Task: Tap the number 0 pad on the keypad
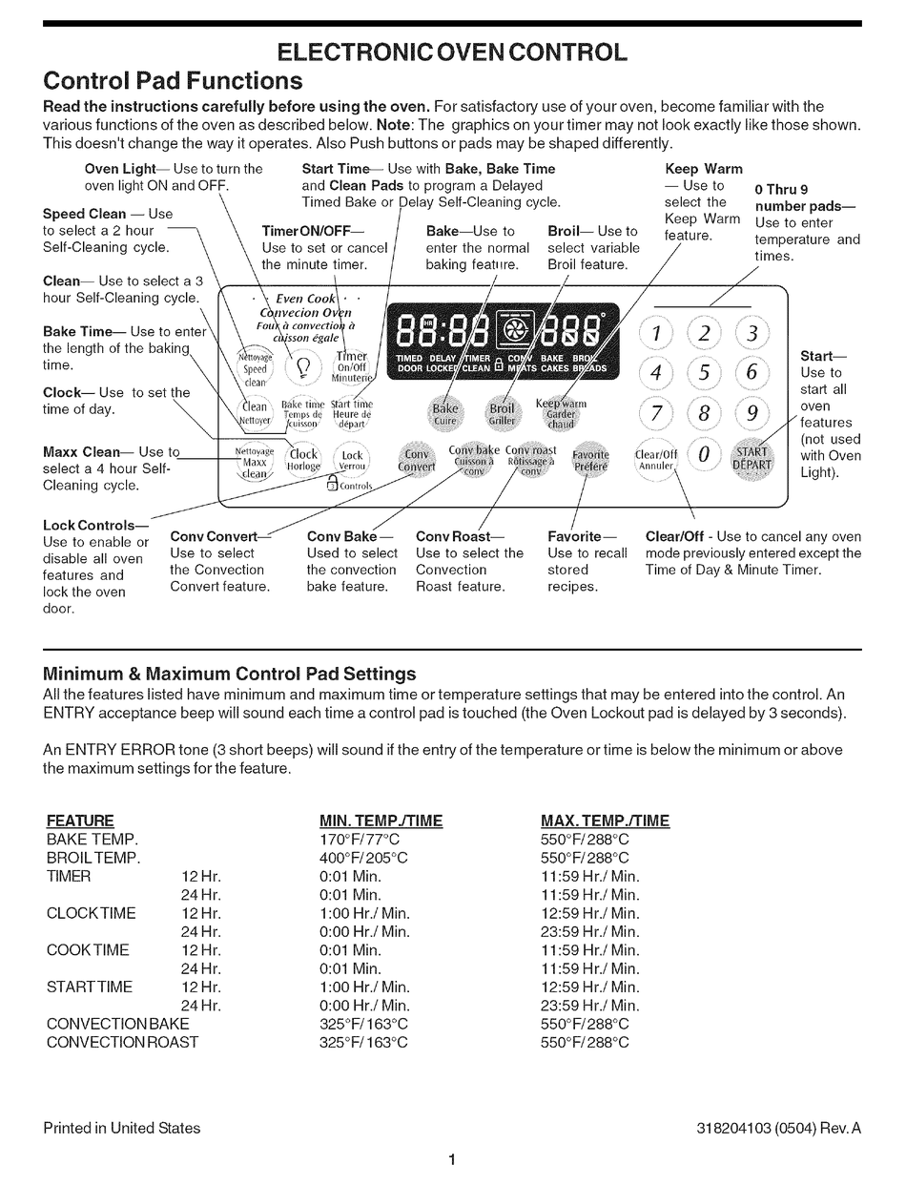[704, 455]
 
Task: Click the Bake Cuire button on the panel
[445, 413]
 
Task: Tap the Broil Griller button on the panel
[503, 413]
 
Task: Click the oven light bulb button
[304, 366]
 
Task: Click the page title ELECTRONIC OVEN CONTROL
[452, 52]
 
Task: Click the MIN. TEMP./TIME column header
[381, 821]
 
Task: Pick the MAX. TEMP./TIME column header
[605, 821]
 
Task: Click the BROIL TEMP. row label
[93, 858]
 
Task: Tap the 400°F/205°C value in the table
[363, 858]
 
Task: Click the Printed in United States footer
[122, 1128]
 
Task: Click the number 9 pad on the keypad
[752, 413]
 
